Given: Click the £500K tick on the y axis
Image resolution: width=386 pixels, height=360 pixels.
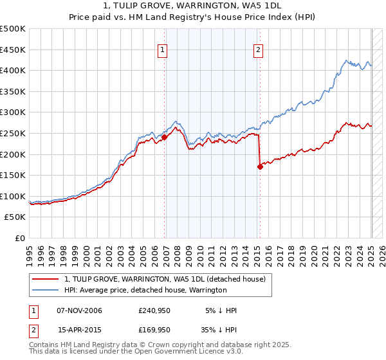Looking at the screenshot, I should pyautogui.click(x=13, y=29).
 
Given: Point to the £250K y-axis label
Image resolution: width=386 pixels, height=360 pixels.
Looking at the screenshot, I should pyautogui.click(x=13, y=133).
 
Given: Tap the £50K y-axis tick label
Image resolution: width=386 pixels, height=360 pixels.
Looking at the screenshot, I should pyautogui.click(x=15, y=217).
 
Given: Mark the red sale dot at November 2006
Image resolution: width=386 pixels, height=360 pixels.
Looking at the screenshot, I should pyautogui.click(x=165, y=137).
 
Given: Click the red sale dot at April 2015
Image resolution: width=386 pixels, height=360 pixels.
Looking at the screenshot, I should pyautogui.click(x=260, y=166).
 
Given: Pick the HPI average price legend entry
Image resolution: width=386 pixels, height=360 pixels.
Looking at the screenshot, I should pyautogui.click(x=145, y=291).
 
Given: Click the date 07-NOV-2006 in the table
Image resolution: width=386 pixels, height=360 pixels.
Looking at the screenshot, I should pyautogui.click(x=79, y=310).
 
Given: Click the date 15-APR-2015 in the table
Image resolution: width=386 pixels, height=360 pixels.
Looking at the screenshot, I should pyautogui.click(x=79, y=329).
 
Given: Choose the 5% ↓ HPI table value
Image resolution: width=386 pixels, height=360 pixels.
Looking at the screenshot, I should pyautogui.click(x=221, y=310).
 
